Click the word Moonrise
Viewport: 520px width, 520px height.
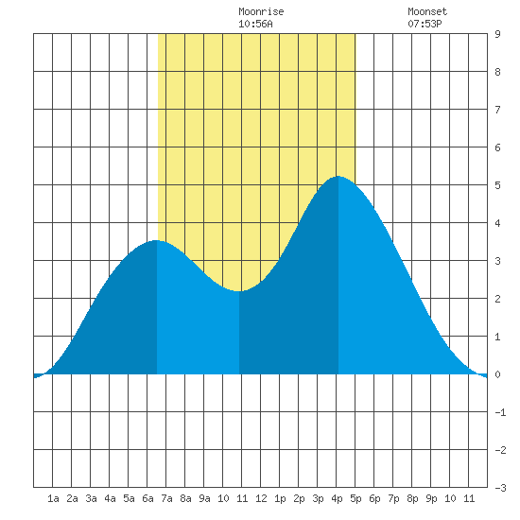coord(261,11)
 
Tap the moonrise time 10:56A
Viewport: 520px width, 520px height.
coord(255,24)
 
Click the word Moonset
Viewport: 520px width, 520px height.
coord(427,11)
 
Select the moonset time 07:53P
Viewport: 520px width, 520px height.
coord(425,24)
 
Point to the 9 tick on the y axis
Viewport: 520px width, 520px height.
coord(497,34)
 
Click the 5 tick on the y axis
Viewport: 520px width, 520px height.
coord(497,185)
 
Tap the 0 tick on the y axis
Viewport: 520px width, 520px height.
coord(497,374)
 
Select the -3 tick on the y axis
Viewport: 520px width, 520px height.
coord(500,488)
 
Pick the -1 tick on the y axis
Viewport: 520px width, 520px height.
coord(500,412)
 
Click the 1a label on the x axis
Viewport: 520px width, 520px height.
coord(53,498)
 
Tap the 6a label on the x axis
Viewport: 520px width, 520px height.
coord(147,498)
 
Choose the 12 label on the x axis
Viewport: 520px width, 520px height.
coord(261,498)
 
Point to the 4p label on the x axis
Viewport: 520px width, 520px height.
coord(337,498)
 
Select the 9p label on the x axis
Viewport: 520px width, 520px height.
coord(431,498)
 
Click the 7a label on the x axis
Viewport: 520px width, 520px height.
coord(166,498)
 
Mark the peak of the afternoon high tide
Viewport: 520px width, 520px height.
coord(338,177)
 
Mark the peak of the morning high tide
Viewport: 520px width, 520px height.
coord(157,240)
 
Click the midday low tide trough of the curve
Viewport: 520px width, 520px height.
coord(239,291)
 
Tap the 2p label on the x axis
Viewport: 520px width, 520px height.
coord(299,498)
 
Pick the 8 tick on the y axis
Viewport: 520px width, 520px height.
coord(497,72)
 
